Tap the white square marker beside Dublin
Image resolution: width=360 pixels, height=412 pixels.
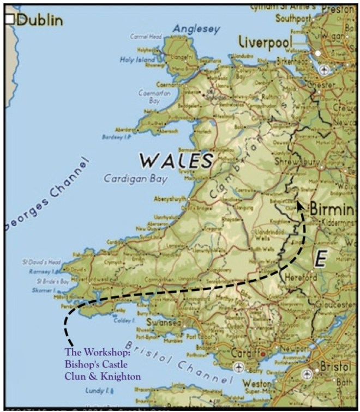pyautogui.click(x=9, y=20)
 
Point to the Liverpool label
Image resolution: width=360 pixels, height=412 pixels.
pyautogui.click(x=266, y=42)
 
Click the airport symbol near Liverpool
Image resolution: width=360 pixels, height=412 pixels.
pyautogui.click(x=325, y=69)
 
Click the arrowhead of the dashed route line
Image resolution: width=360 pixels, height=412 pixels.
pyautogui.click(x=299, y=205)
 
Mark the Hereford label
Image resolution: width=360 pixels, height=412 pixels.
pyautogui.click(x=300, y=278)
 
